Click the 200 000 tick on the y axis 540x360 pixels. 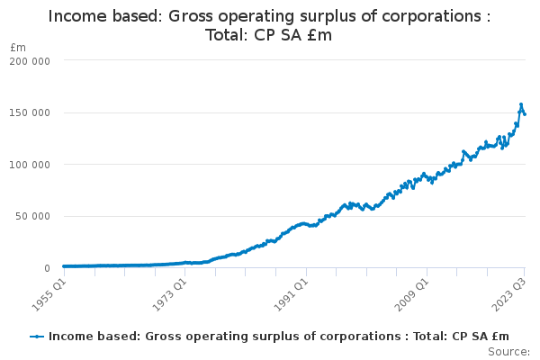(31, 60)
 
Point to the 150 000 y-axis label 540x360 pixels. (31, 112)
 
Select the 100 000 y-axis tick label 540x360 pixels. (31, 165)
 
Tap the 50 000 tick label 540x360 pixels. (33, 216)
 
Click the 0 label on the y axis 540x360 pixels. (45, 268)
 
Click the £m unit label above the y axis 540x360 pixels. (18, 47)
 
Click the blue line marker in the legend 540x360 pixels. (37, 336)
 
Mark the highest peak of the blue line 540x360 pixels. (520, 104)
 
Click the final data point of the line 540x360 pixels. (525, 114)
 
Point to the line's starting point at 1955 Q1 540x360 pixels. (63, 266)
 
